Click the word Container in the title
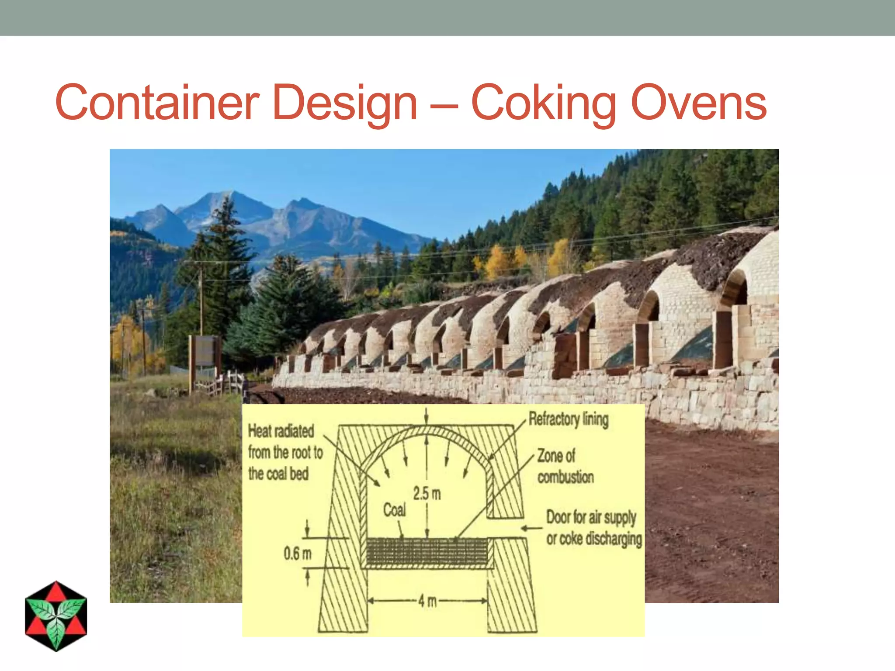pyautogui.click(x=157, y=103)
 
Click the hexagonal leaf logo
pyautogui.click(x=56, y=616)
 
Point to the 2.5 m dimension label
pyautogui.click(x=427, y=494)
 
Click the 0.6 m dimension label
pyautogui.click(x=298, y=553)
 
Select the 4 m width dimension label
pyautogui.click(x=427, y=601)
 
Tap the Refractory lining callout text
pyautogui.click(x=568, y=419)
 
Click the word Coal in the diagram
pyautogui.click(x=394, y=509)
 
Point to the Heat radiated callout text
pyautogui.click(x=285, y=453)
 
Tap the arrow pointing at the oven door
pyautogui.click(x=531, y=528)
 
